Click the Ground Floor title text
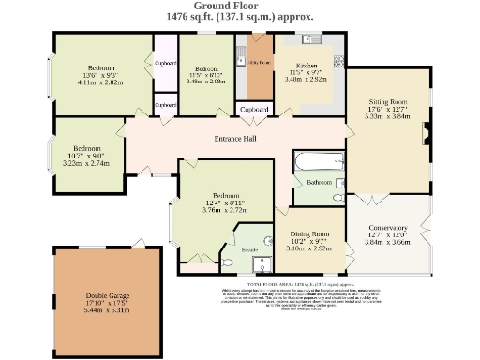click(x=240, y=6)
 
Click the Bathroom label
click(x=320, y=181)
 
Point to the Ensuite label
click(x=249, y=251)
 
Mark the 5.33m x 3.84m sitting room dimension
click(x=386, y=116)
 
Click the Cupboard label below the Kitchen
click(x=254, y=110)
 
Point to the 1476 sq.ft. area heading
click(x=240, y=17)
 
